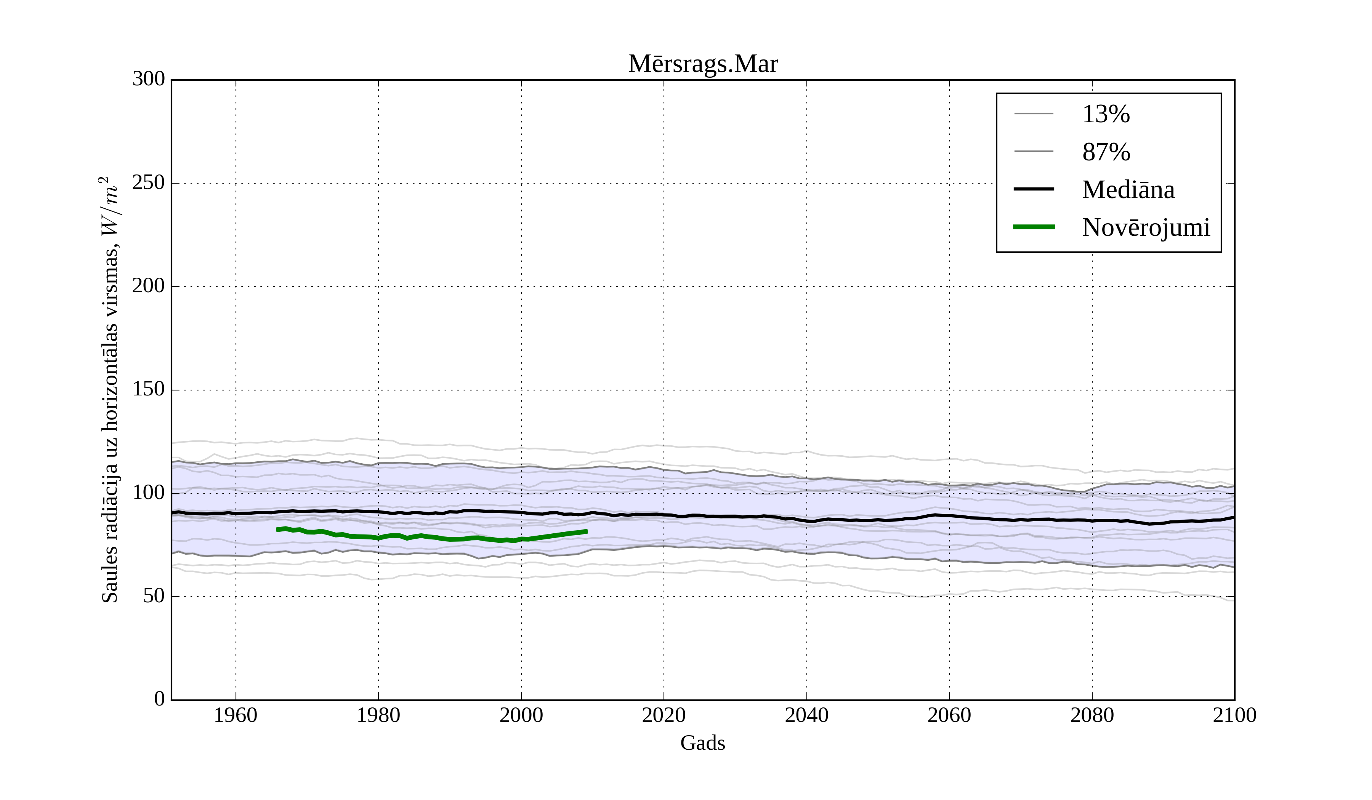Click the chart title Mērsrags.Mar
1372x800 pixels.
coord(703,64)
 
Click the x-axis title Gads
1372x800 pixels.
coord(702,743)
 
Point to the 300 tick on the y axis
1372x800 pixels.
coord(149,80)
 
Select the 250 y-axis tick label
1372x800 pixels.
coord(149,183)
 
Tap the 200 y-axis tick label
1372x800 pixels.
coord(149,286)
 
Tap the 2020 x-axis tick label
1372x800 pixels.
coord(664,716)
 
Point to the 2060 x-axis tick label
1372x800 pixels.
coord(949,716)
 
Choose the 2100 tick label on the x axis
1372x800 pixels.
coord(1234,716)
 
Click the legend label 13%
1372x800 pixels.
coord(1106,114)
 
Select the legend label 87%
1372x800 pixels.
coord(1106,152)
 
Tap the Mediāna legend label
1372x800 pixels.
coord(1128,190)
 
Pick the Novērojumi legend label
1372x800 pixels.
coord(1146,227)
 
